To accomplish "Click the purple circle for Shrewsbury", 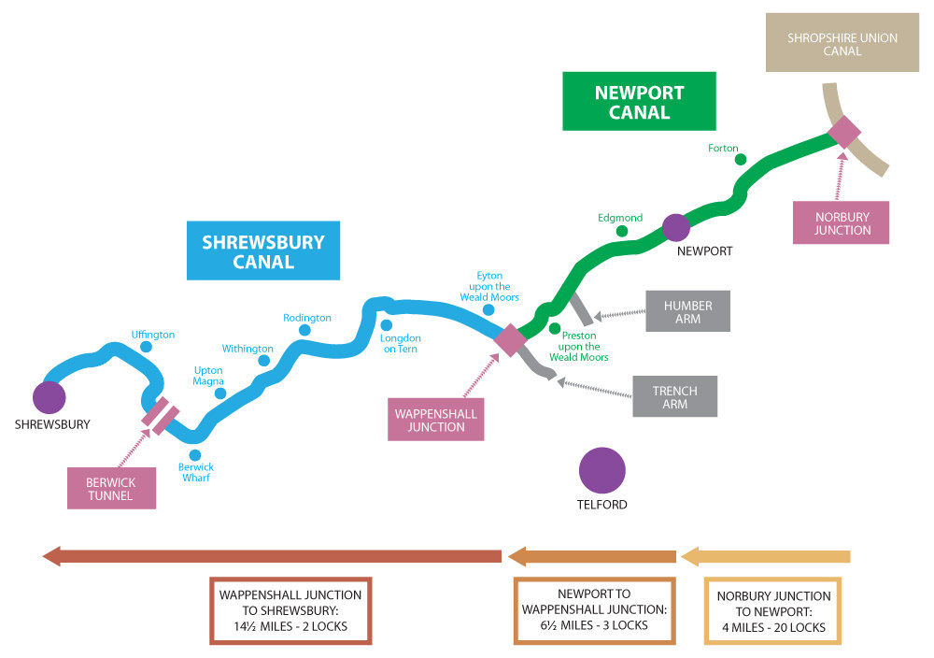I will click(x=49, y=397).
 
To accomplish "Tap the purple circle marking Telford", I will click(x=601, y=470).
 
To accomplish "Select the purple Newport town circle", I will click(x=675, y=227).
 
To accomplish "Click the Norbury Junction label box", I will click(x=842, y=222).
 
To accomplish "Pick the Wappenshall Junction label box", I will click(x=436, y=420).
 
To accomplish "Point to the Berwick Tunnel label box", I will click(x=112, y=489).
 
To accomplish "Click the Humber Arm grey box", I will click(x=688, y=312).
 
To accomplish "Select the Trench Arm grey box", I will click(x=675, y=397).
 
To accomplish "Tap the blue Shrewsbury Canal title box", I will click(x=262, y=250).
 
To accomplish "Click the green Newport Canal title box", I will click(x=639, y=103).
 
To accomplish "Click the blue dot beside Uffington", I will click(x=146, y=347).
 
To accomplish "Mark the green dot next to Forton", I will click(x=741, y=160).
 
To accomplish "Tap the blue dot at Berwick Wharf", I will click(x=195, y=455).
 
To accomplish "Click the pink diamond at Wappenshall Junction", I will click(x=510, y=339).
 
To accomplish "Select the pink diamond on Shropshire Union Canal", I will click(x=844, y=132).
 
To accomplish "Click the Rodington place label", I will click(x=307, y=318).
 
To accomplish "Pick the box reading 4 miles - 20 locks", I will click(x=773, y=611).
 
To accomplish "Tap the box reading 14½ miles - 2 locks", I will click(x=290, y=610).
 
